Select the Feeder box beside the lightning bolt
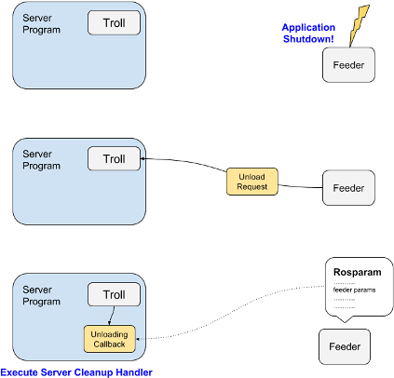coord(348,65)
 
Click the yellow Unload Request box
coord(251,182)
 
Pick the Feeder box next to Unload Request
coord(348,188)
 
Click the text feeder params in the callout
coord(353,290)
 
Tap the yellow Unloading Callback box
coord(110,337)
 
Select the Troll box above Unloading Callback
coord(114,295)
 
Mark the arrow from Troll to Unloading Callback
coord(110,316)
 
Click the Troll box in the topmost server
coord(114,22)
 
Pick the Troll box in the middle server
coord(114,159)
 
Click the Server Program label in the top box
coord(41,23)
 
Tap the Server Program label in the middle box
coord(41,158)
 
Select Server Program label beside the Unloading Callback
coord(41,295)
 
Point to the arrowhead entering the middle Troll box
coord(143,159)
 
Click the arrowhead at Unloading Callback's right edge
coord(139,339)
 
